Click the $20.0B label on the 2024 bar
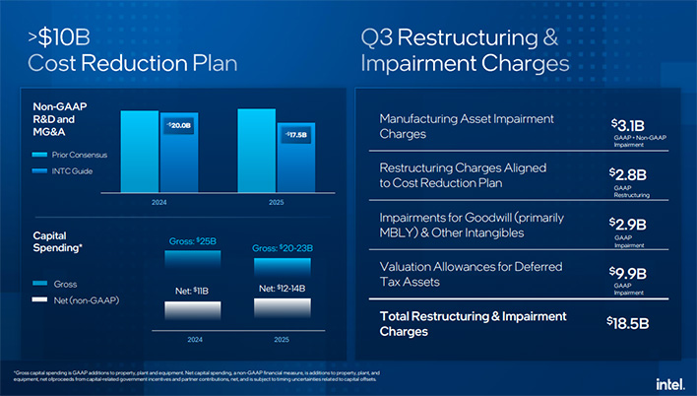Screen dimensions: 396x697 point(178,127)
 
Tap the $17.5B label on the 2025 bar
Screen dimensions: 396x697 point(295,134)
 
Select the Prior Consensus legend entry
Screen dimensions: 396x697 point(67,155)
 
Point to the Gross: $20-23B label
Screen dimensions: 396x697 point(283,248)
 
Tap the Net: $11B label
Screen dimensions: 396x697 point(183,291)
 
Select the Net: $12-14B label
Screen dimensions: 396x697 point(282,288)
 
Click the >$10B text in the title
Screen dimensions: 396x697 point(58,38)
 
